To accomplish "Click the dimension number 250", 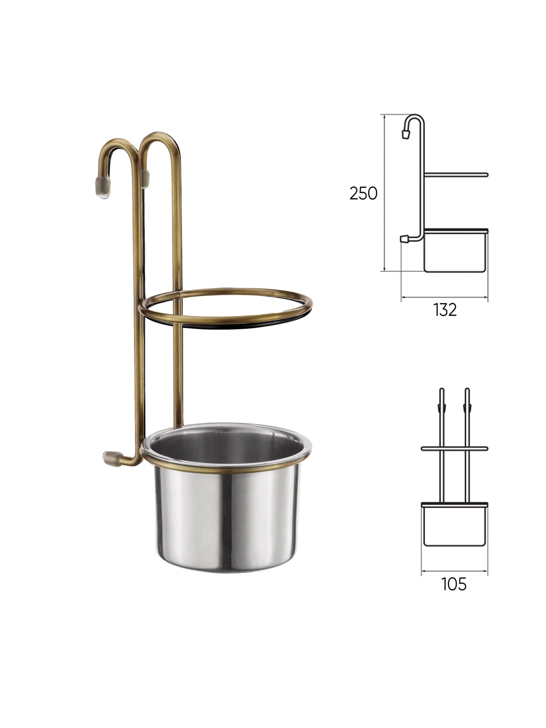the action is click(x=363, y=193).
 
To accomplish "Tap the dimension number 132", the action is click(x=445, y=310).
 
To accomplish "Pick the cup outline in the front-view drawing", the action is click(x=454, y=525).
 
